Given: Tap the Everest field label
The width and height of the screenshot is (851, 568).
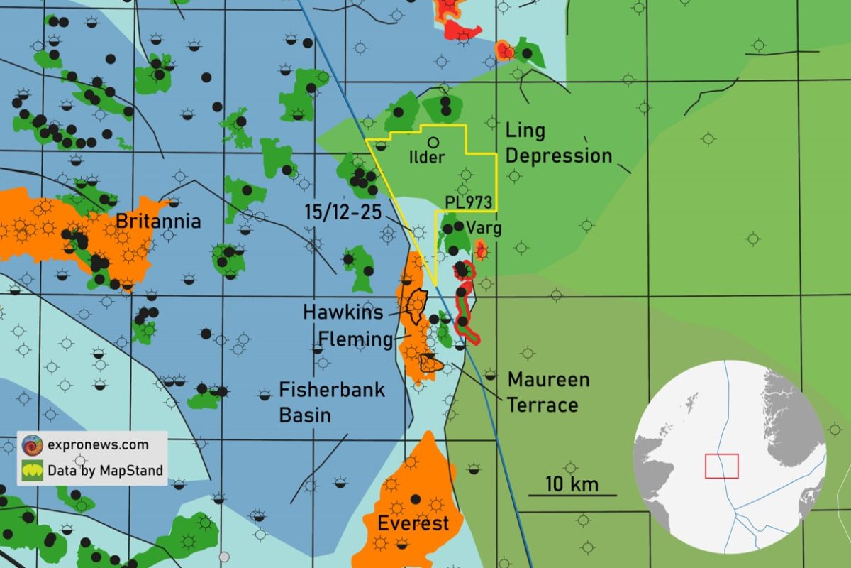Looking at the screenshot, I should (x=413, y=524).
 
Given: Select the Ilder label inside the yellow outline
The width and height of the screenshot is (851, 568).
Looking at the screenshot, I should (x=427, y=158).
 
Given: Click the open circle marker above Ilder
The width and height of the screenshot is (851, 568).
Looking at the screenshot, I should (x=433, y=142).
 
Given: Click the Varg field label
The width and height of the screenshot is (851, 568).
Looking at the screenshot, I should (x=484, y=229).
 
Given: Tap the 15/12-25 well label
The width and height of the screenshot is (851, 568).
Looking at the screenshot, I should (x=343, y=212).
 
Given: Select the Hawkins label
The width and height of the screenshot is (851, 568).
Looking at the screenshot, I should (x=343, y=312).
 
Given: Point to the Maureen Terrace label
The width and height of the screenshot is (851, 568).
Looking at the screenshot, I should (x=548, y=392).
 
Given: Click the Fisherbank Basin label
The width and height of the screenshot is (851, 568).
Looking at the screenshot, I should (x=331, y=402).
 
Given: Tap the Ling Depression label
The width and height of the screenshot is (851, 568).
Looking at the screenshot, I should (x=557, y=143).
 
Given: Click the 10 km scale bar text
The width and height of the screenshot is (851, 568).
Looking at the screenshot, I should (x=572, y=485).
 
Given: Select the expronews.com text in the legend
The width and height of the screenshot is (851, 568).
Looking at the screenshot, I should (x=98, y=445).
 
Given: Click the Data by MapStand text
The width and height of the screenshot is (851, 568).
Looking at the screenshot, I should (x=105, y=470).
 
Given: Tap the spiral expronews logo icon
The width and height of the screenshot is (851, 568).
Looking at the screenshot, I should (x=32, y=445).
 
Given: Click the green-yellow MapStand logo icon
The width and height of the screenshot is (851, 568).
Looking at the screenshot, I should (x=32, y=470).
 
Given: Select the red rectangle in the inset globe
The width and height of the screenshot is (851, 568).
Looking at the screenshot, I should (x=721, y=466).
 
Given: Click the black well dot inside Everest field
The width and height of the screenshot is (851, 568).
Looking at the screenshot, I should (x=415, y=498).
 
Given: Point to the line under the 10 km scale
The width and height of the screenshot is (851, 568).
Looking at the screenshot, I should (x=572, y=495).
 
